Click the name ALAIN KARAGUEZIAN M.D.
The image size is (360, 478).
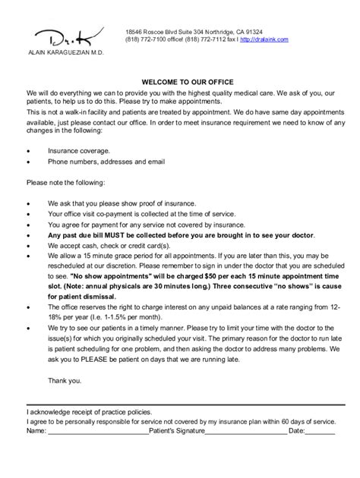coord(65,55)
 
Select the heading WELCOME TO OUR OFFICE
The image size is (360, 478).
coord(179,81)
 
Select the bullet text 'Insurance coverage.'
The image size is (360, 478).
coord(78,150)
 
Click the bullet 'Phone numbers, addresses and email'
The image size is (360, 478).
coord(106,162)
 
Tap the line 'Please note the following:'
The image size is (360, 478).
coord(66,183)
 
